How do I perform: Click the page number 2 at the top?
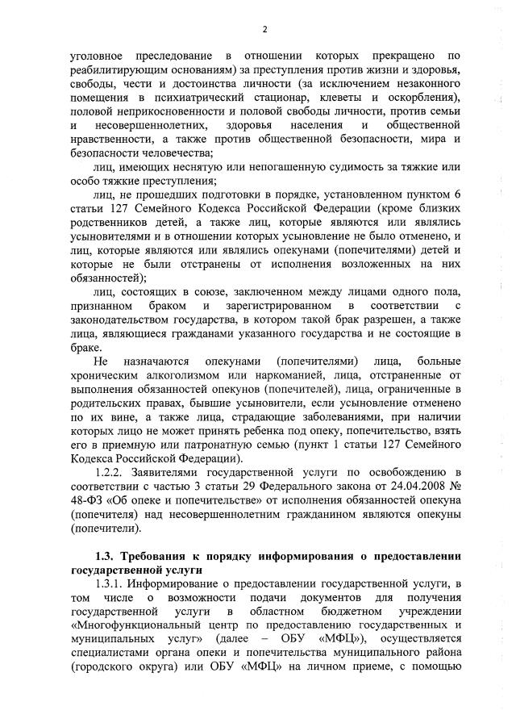click(x=264, y=30)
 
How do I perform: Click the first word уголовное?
click(x=97, y=55)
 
